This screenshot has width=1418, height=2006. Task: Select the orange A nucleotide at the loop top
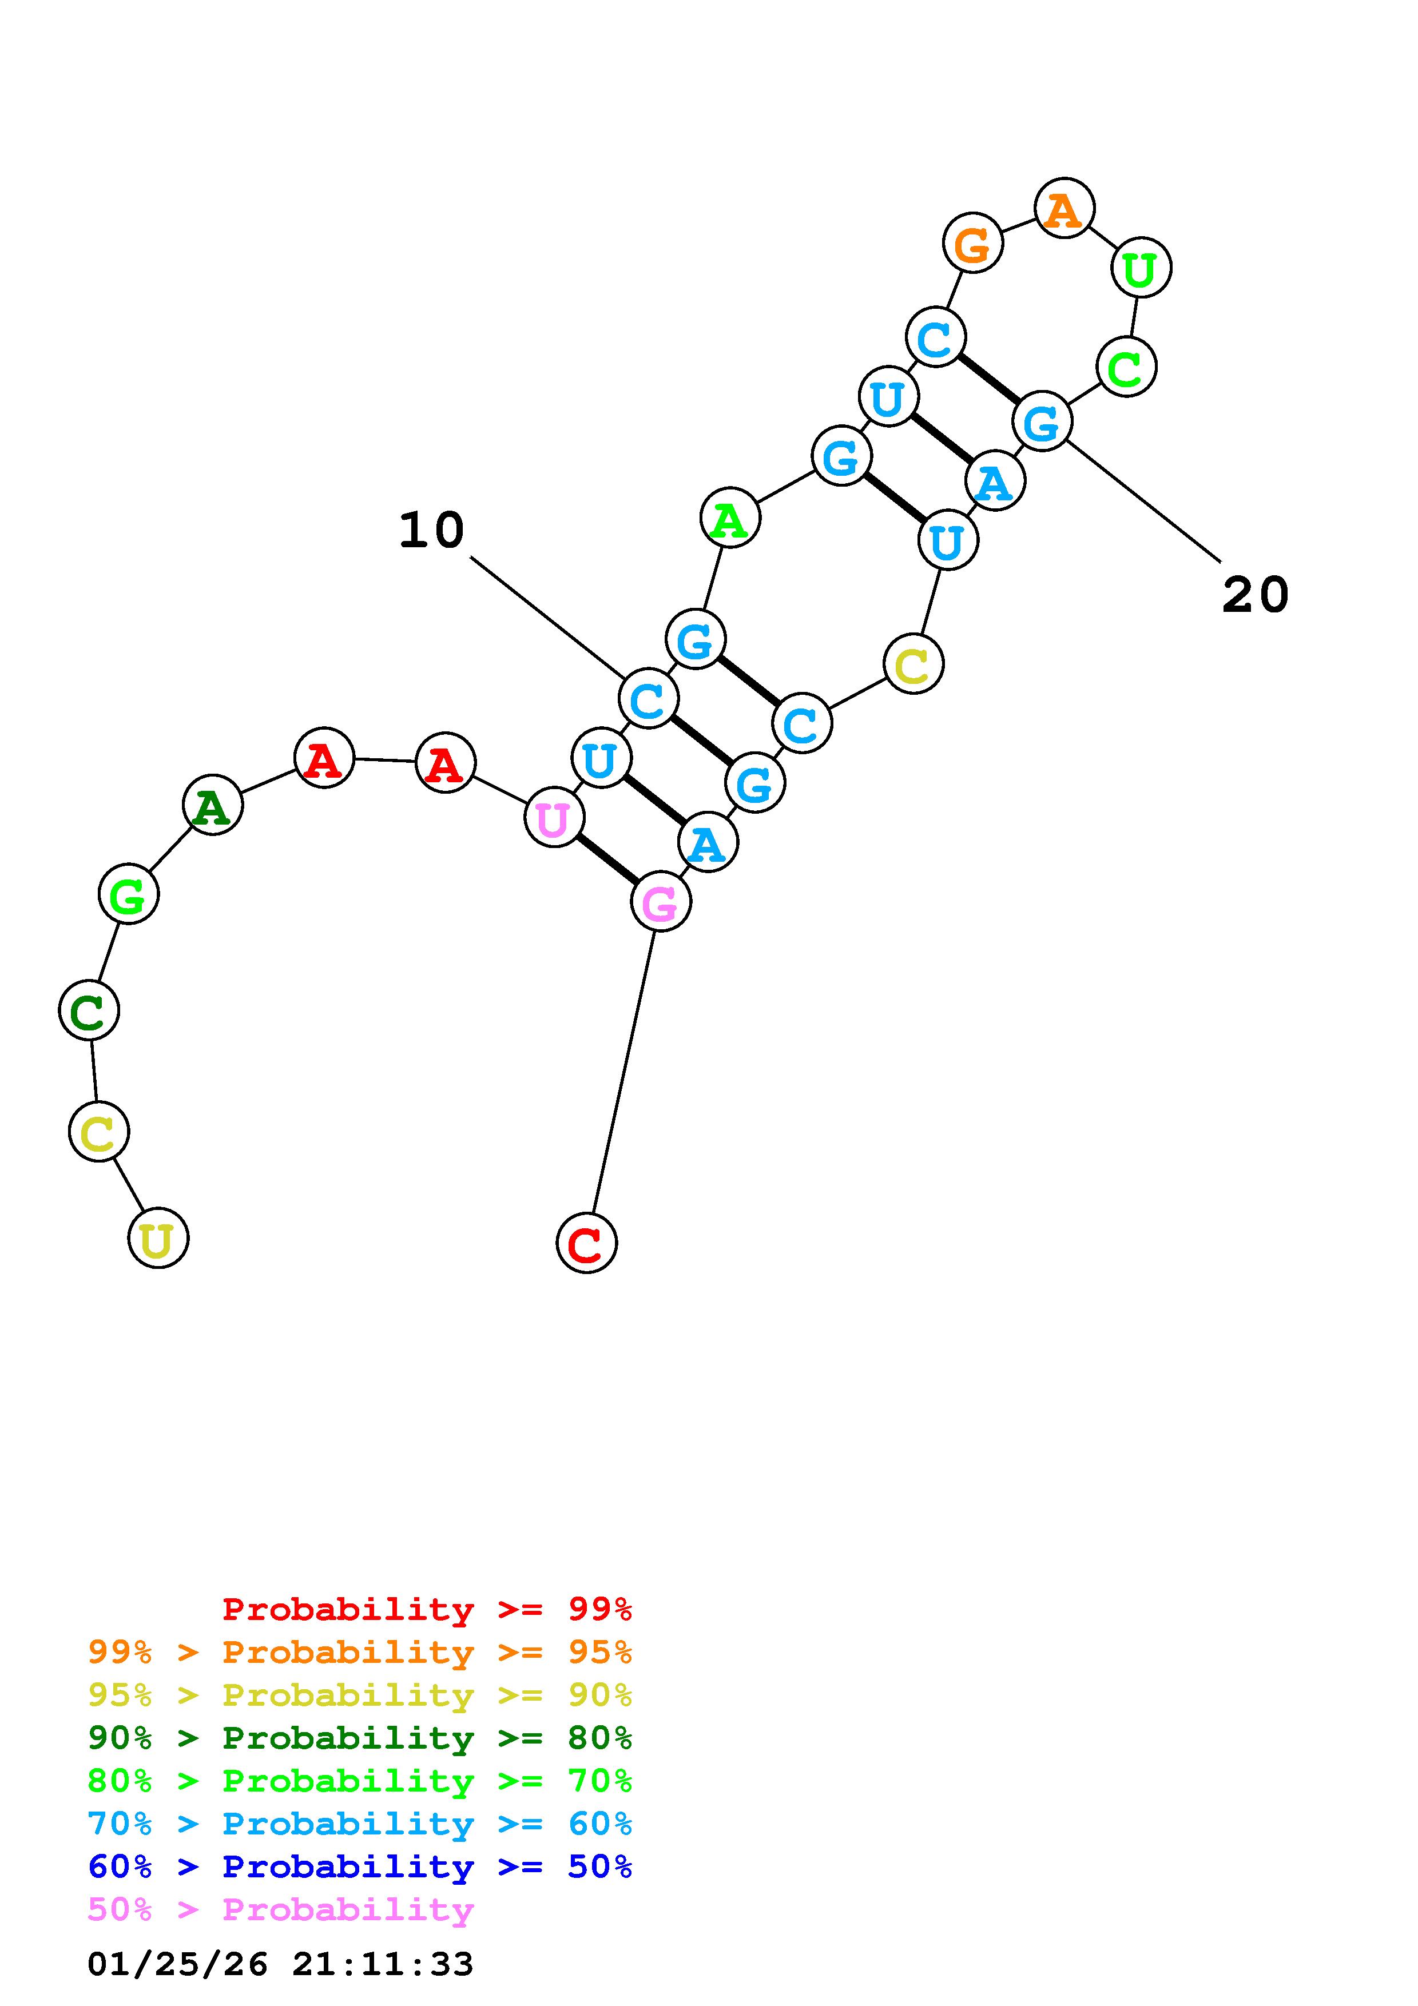coord(1063,208)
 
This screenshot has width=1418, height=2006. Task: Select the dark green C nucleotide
coord(88,1011)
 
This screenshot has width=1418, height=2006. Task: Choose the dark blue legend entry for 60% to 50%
coord(360,1867)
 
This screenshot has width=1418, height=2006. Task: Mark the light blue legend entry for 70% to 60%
coord(360,1824)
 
